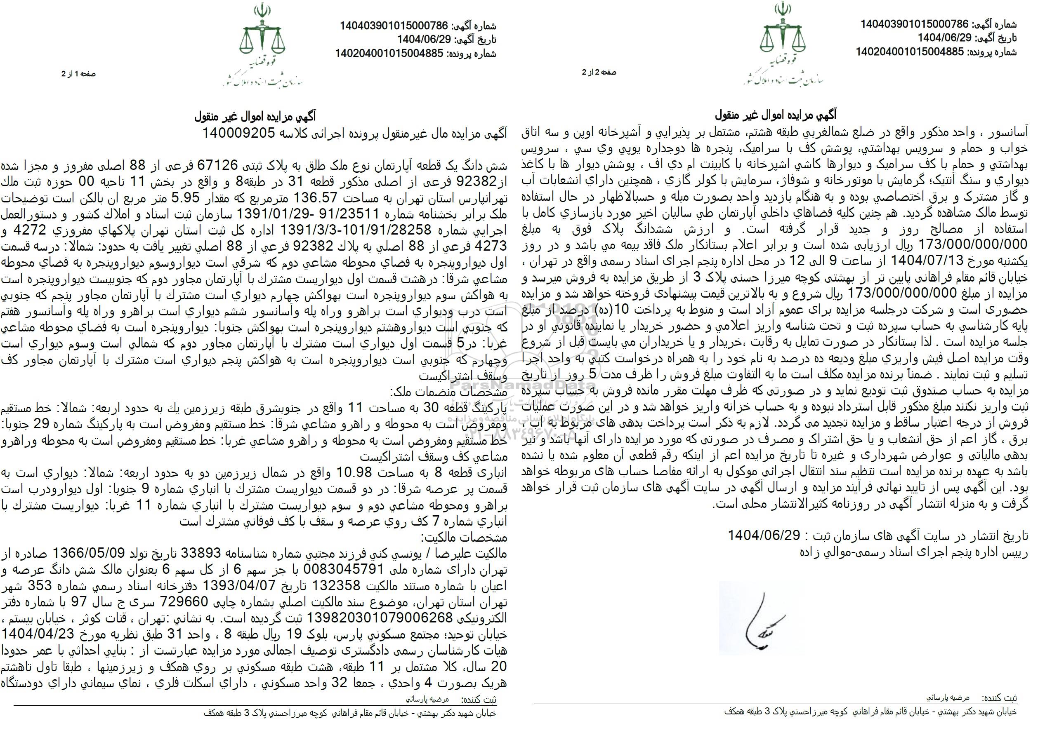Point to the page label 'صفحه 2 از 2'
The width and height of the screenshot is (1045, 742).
(599, 72)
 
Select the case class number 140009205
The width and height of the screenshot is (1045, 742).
(238, 133)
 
